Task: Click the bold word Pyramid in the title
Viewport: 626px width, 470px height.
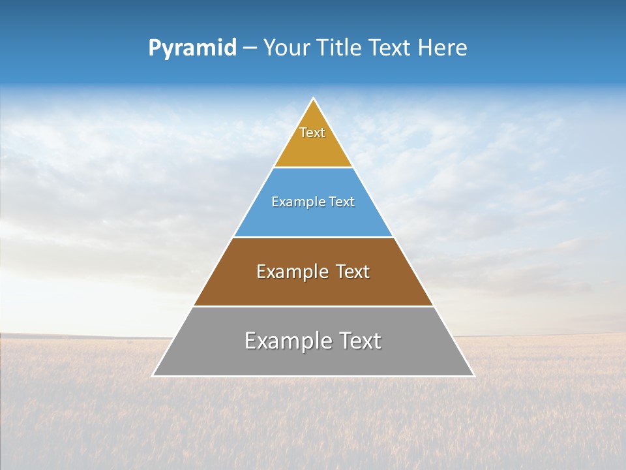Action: pyautogui.click(x=192, y=48)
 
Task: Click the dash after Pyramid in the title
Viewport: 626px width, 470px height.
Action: pyautogui.click(x=249, y=48)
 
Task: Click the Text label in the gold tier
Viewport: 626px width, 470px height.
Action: pyautogui.click(x=312, y=133)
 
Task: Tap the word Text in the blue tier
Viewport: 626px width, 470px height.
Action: pyautogui.click(x=342, y=202)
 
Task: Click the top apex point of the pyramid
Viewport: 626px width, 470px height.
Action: pyautogui.click(x=314, y=99)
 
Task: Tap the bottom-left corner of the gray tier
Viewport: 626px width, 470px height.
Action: pyautogui.click(x=153, y=376)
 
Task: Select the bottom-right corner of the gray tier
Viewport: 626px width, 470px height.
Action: pyautogui.click(x=474, y=376)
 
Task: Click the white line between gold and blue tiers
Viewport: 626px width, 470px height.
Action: pyautogui.click(x=313, y=168)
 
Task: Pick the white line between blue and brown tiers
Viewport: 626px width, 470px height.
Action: pyautogui.click(x=313, y=237)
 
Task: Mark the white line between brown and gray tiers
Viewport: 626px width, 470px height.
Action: pyautogui.click(x=313, y=306)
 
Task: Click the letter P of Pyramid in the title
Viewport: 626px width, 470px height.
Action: pyautogui.click(x=155, y=48)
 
